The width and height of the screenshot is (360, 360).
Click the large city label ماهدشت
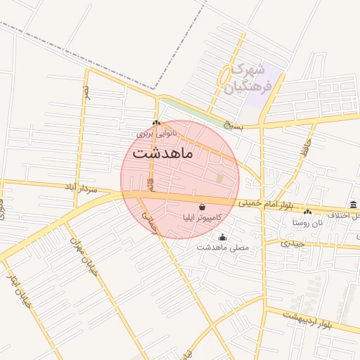164,153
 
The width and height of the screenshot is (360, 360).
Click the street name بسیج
232,127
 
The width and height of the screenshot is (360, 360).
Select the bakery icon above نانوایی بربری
156,122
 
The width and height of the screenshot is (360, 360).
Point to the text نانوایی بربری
156,132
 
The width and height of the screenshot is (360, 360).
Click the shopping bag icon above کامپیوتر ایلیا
203,207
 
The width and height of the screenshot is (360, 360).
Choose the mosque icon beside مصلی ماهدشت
223,237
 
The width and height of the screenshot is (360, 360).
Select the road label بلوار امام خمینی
265,204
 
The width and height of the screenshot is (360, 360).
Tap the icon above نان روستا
307,212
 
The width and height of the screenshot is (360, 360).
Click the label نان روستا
307,222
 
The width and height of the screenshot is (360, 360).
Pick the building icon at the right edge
353,205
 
